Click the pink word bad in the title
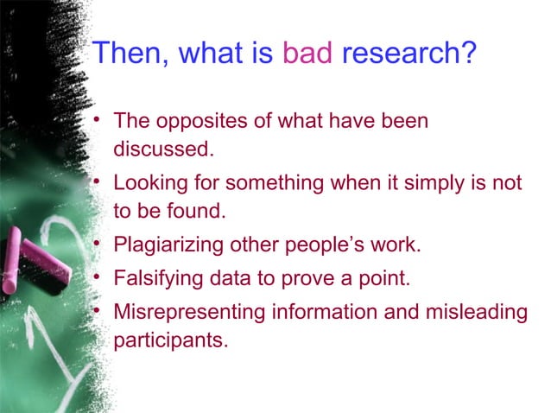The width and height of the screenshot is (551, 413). coord(307,55)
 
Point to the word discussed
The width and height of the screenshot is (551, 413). coord(162,148)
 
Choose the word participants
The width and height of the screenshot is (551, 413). coord(170,339)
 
